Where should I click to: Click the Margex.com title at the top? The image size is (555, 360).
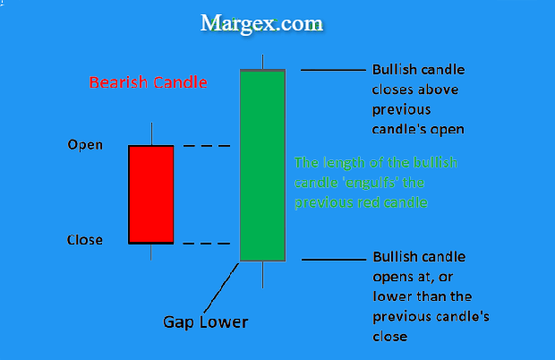point(261,24)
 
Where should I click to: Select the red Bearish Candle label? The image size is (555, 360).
point(148,82)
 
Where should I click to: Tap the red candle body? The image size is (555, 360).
point(151,194)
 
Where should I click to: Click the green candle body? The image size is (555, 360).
point(262,166)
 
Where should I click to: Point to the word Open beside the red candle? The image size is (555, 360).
point(85,145)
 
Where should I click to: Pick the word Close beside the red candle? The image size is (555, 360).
point(85,240)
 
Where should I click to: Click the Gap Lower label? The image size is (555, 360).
point(205,322)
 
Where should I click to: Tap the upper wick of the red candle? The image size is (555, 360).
point(152,133)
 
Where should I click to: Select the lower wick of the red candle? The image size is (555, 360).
point(151,252)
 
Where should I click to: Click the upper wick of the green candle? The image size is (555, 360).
point(262,62)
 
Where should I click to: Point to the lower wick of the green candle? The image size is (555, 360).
point(262,275)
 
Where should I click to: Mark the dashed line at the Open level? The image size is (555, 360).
point(207,146)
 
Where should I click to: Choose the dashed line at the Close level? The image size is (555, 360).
point(207,244)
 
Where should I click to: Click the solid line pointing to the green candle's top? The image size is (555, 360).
point(333,70)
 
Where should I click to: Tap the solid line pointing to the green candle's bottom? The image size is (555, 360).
point(334,260)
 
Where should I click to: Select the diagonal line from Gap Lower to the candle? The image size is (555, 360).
point(222,288)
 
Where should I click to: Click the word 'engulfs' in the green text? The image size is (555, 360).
point(370,183)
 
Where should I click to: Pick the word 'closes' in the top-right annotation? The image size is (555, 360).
point(393,90)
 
